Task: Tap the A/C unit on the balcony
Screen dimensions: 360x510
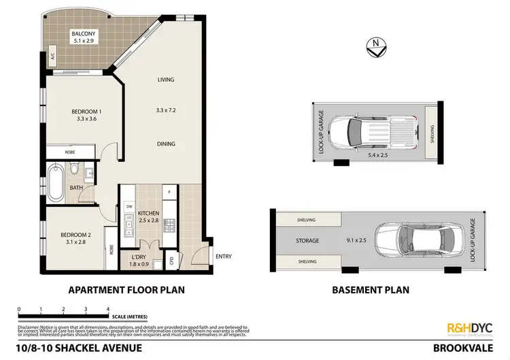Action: (x=52, y=59)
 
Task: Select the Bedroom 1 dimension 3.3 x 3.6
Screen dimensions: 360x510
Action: (x=86, y=120)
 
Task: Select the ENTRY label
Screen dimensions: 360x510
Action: (x=222, y=256)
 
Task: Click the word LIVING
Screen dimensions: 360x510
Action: (x=166, y=80)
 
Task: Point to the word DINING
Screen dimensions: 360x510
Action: (x=166, y=144)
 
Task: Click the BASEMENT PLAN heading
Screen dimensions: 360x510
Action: (x=371, y=289)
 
